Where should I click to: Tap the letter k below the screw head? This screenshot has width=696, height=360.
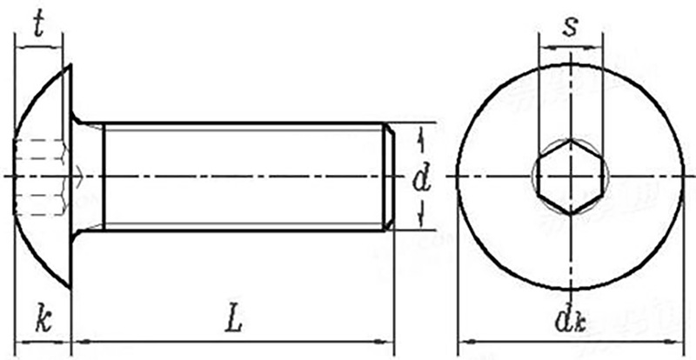pos(42,320)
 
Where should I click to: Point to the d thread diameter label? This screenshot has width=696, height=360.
pos(422,180)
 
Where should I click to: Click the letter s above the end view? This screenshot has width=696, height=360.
pos(570,25)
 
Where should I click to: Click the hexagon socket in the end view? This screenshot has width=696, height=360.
pos(570,177)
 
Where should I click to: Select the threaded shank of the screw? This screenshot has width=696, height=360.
pos(244,177)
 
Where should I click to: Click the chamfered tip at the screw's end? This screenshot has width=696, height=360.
pos(391,177)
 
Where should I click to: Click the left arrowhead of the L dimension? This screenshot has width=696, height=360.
pos(77,342)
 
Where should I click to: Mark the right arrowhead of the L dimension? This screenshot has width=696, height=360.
pos(388,342)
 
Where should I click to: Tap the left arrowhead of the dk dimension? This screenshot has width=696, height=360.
pos(464,342)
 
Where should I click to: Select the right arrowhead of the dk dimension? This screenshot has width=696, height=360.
pos(676,342)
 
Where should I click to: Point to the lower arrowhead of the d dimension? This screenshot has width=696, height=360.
pos(422,223)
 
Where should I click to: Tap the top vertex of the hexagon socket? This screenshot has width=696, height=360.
pos(570,139)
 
